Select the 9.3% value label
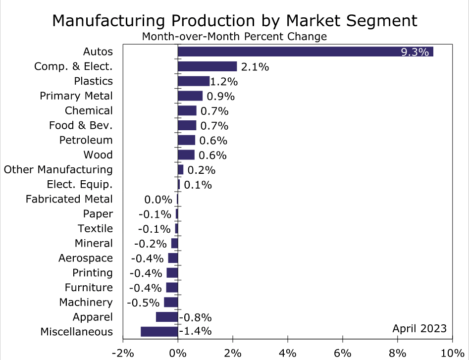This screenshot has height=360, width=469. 415,52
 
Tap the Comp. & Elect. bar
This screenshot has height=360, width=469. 207,66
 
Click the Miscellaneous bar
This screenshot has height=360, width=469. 159,332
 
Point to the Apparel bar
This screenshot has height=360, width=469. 167,317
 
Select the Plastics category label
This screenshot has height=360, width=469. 93,81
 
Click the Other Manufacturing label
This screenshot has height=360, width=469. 58,170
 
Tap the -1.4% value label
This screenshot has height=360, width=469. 195,332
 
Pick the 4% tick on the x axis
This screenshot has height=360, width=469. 287,353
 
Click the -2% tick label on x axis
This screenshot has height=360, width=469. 123,353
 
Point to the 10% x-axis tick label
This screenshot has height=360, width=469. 452,353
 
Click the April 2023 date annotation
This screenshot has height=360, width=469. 419,328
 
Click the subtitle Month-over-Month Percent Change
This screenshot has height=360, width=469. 234,37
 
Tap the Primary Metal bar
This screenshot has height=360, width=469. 190,96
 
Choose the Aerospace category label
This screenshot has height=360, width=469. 86,258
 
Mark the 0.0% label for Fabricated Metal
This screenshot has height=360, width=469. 158,200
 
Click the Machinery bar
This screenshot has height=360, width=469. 171,302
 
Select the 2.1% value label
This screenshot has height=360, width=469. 255,67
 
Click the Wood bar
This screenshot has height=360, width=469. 186,155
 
